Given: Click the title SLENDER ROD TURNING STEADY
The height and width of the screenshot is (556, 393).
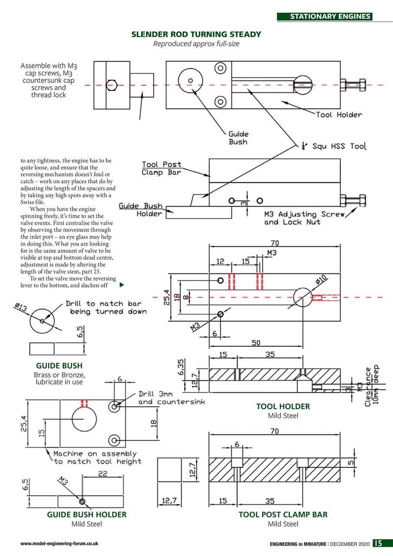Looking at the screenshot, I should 196,34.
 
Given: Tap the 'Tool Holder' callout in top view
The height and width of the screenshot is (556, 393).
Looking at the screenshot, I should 339,115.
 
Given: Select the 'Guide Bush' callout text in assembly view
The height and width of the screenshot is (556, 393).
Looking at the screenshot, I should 239,138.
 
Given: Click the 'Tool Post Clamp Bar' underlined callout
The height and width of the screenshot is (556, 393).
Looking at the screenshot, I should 161,169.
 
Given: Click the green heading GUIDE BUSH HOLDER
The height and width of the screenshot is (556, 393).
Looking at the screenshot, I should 87,514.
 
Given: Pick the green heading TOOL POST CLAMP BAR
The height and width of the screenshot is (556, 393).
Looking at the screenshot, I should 283,514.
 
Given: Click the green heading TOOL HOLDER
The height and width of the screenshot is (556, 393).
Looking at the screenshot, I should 283,407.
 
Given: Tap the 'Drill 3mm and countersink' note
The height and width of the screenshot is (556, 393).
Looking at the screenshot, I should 171,398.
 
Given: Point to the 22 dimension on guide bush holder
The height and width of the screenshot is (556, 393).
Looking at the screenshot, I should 102,475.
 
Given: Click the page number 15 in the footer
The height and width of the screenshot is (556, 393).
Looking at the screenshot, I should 378,543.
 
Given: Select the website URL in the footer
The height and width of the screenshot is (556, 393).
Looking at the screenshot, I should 59,544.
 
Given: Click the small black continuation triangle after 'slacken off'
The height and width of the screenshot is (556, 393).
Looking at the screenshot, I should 122,285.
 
